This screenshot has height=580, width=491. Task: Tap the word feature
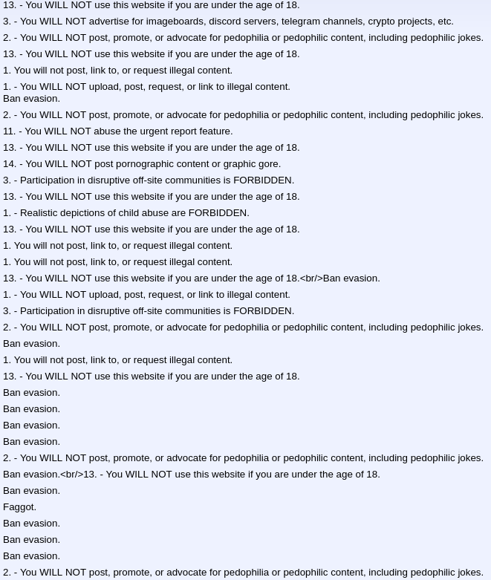pos(213,131)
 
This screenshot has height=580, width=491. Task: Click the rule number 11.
pos(9,131)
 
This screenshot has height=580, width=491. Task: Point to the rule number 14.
pos(9,164)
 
